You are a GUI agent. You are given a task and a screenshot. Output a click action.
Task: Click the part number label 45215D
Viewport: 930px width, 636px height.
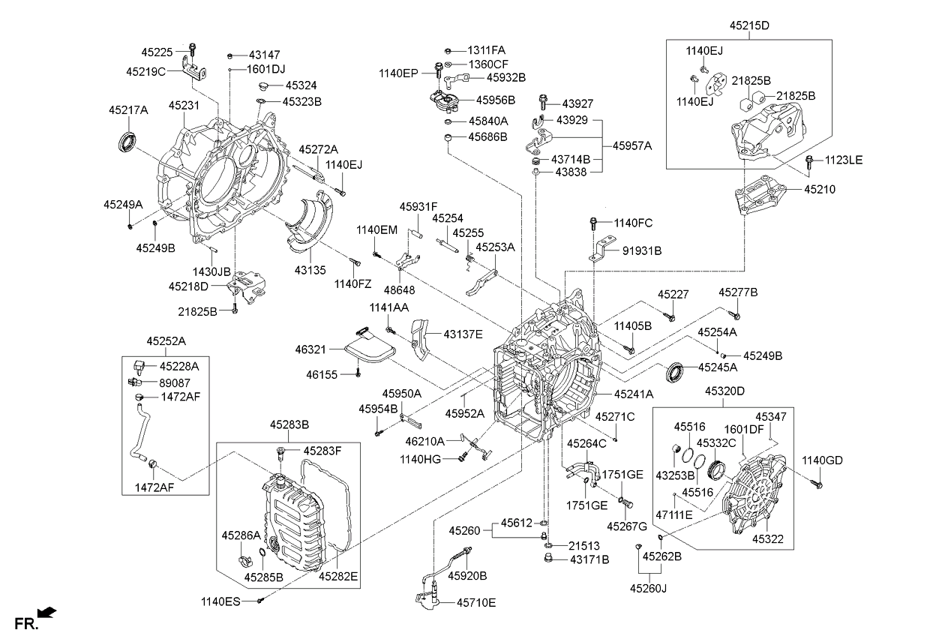pos(749,25)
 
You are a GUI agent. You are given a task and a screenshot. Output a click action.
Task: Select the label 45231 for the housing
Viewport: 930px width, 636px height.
pos(184,106)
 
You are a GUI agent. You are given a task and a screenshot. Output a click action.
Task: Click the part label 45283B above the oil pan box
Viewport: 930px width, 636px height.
pos(289,424)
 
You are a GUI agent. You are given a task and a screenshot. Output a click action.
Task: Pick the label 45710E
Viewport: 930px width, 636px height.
pos(476,602)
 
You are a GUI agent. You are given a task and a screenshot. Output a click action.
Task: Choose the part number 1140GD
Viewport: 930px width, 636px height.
pos(823,460)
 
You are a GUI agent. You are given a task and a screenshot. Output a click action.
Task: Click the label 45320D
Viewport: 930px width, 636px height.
pos(724,391)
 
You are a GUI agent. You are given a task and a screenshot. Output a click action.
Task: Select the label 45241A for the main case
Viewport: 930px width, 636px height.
pos(634,394)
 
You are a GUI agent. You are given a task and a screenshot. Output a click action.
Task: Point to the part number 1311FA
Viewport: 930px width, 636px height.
pos(487,50)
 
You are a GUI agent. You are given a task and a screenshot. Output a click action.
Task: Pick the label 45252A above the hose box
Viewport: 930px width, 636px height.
pos(166,341)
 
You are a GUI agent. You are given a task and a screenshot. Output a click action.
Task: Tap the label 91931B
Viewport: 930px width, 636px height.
pos(642,250)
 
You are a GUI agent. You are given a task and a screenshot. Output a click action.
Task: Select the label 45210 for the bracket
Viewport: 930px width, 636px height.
pos(820,190)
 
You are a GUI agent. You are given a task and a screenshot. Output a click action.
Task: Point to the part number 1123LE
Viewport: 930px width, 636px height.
pos(844,160)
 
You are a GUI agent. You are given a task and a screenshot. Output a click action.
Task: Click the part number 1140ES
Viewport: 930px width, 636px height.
pos(220,601)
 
